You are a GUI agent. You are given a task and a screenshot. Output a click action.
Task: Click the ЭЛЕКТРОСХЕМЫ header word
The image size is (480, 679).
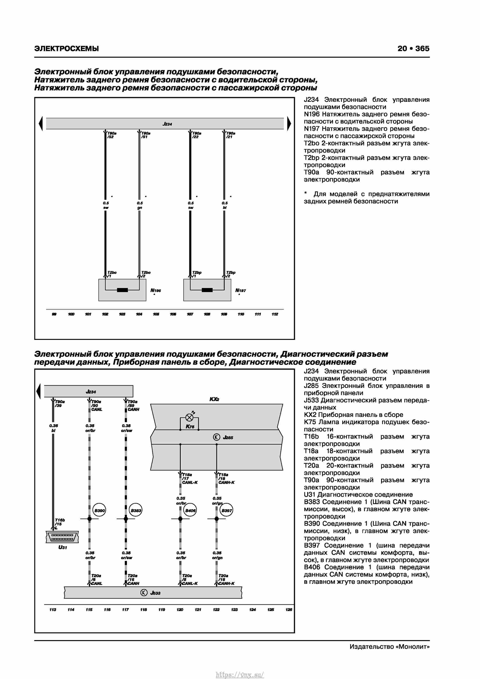pyautogui.click(x=66, y=49)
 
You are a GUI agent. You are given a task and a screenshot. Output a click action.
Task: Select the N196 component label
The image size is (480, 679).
pyautogui.click(x=156, y=290)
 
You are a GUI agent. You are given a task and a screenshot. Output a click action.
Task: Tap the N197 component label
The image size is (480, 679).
pyautogui.click(x=240, y=290)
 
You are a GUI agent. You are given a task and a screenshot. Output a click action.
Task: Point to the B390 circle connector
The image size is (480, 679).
pyautogui.click(x=99, y=510)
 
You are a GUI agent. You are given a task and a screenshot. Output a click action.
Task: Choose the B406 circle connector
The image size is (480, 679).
pyautogui.click(x=190, y=510)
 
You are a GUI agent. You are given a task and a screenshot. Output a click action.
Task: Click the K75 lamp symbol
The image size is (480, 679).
pyautogui.click(x=189, y=418)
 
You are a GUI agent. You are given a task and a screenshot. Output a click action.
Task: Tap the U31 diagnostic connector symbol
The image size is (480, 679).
pyautogui.click(x=62, y=537)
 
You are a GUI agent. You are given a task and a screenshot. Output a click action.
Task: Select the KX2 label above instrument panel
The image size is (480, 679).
pyautogui.click(x=214, y=399)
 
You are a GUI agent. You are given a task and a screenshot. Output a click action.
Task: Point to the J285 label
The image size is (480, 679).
pyautogui.click(x=228, y=437)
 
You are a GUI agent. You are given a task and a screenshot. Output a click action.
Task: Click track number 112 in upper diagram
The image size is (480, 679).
pyautogui.click(x=275, y=314)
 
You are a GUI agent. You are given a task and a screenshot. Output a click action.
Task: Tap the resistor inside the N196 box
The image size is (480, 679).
pyautogui.click(x=122, y=290)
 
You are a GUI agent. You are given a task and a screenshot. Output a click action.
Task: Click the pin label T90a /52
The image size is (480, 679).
pyautogui.click(x=111, y=135)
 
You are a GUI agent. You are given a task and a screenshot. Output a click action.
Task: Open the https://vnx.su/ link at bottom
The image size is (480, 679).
pyautogui.click(x=240, y=675)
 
